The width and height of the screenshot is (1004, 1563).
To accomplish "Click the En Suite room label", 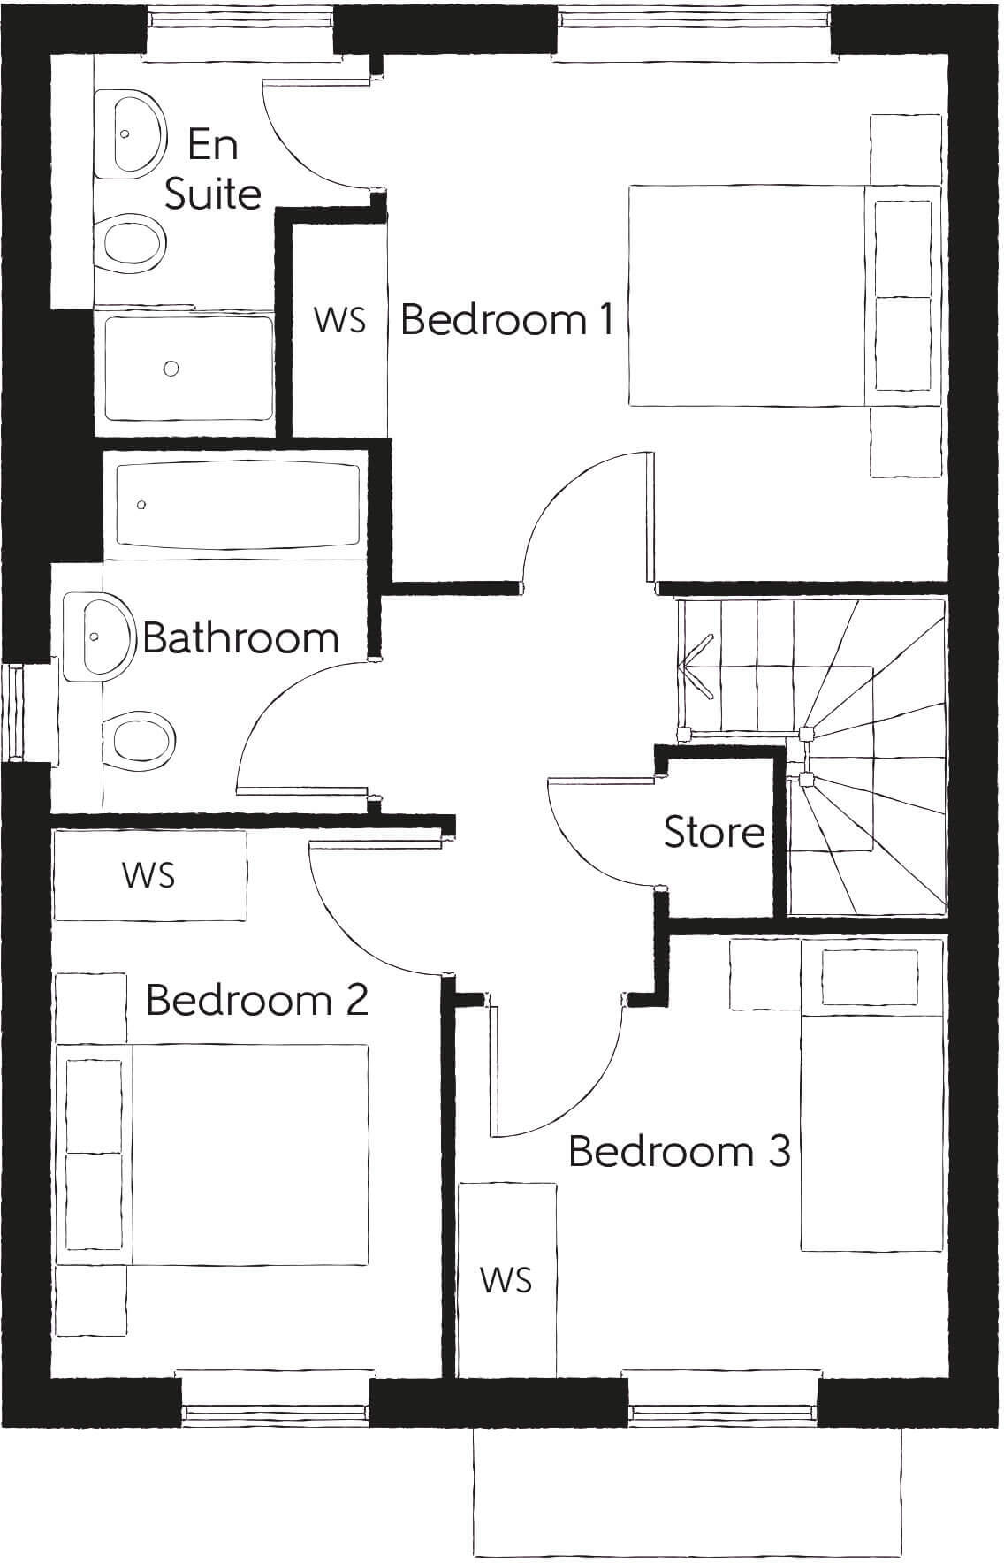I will click(213, 169).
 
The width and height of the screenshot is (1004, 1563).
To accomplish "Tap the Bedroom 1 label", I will click(507, 319).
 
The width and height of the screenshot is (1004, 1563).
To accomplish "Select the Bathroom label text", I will click(241, 637).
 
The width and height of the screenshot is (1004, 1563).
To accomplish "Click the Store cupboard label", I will click(714, 832).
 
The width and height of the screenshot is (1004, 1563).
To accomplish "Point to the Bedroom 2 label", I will click(256, 1000).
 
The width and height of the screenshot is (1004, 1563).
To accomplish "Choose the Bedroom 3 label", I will click(679, 1151).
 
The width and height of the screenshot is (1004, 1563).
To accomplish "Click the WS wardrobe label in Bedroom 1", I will click(339, 320).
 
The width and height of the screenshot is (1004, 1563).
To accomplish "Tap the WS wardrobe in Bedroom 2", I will click(149, 875).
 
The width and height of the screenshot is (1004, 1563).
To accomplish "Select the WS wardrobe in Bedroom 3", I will click(506, 1279).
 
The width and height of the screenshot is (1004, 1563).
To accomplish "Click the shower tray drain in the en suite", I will click(171, 368).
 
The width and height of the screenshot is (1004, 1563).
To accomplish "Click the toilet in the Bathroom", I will click(137, 736).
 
